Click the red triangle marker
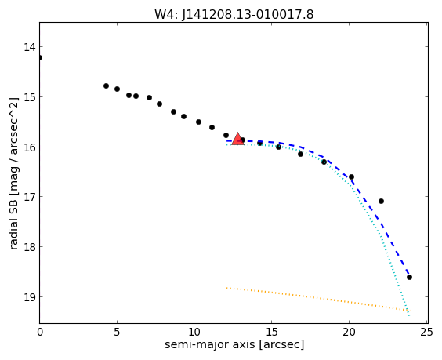coord(237,139)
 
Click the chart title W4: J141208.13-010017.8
coord(234,14)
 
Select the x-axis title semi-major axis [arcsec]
coord(234,344)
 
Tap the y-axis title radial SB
coord(13,220)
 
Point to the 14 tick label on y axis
coord(29,47)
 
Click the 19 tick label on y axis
coord(29,297)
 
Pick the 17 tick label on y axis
coord(29,197)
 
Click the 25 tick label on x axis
coord(426,332)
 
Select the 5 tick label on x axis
coord(117,332)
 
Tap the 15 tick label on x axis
coord(271,332)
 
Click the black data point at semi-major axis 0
coord(40,57)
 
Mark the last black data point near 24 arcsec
coord(409,277)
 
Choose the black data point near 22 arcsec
coord(381,201)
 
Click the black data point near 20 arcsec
coord(351,177)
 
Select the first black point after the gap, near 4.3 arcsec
coord(106,85)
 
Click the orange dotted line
coord(317,299)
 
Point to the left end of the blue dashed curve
coord(227,140)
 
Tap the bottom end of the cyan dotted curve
coord(409,315)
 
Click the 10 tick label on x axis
coord(194,332)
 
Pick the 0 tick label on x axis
coord(40,332)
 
